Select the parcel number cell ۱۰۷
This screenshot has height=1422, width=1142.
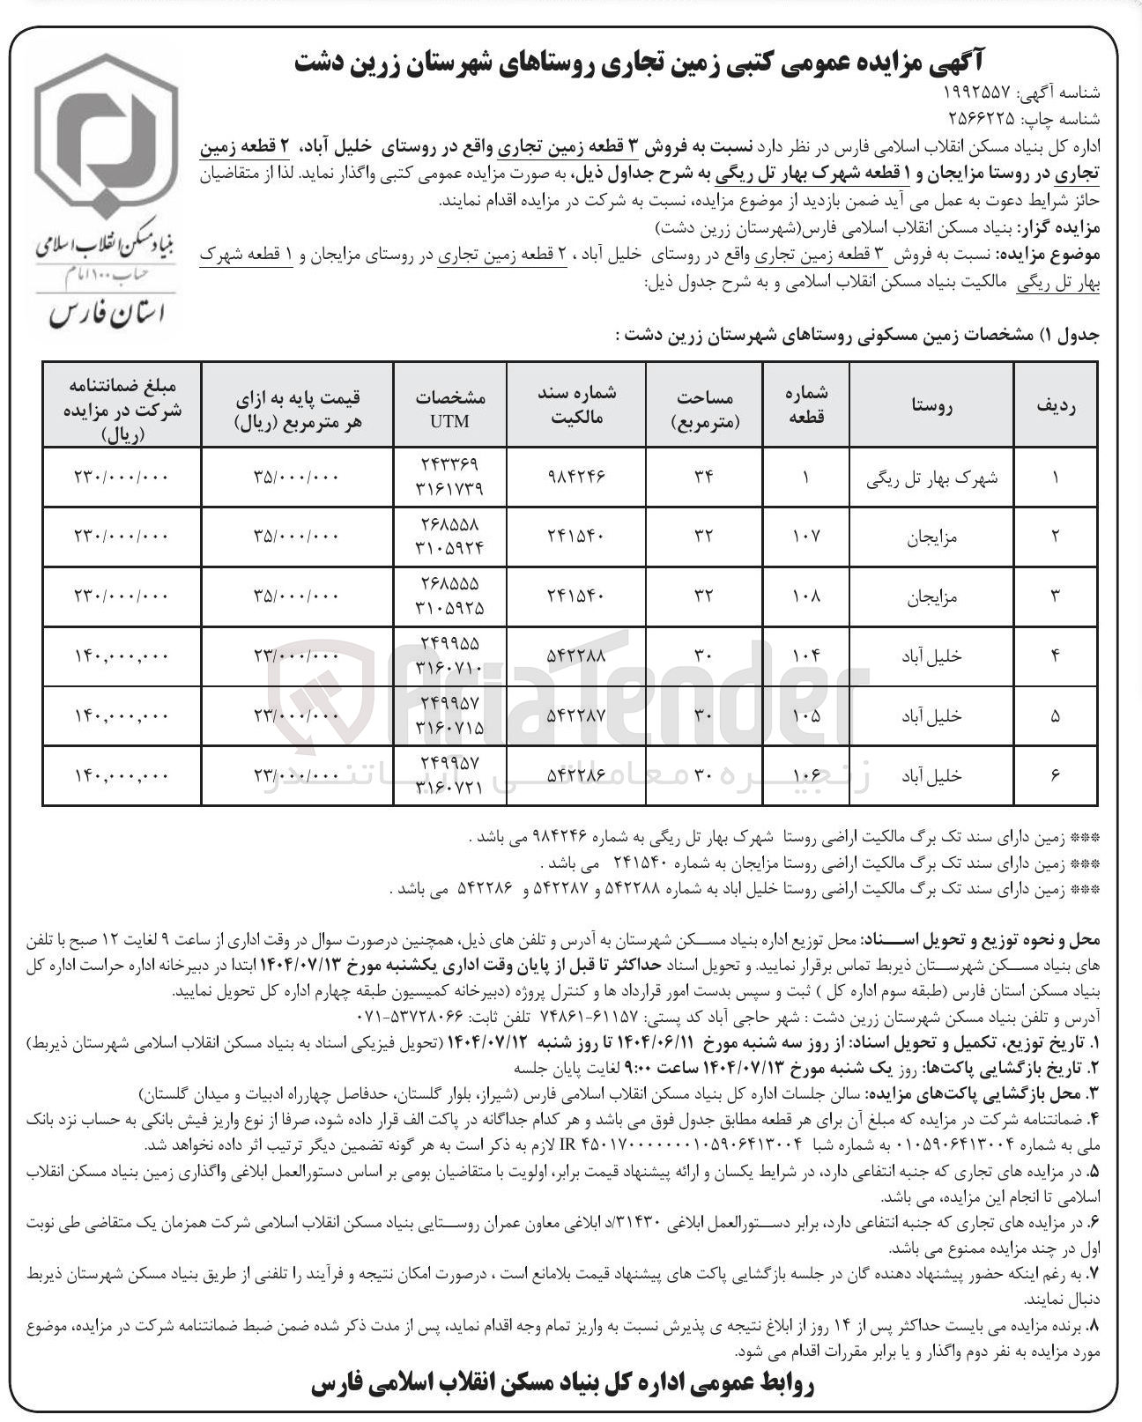pyautogui.click(x=806, y=536)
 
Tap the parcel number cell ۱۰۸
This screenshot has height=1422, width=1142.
pyautogui.click(x=806, y=596)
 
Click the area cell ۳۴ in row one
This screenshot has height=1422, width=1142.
pyautogui.click(x=703, y=476)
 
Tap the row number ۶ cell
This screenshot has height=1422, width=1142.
pyautogui.click(x=1056, y=776)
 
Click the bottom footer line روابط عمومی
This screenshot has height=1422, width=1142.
pyautogui.click(x=564, y=1385)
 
